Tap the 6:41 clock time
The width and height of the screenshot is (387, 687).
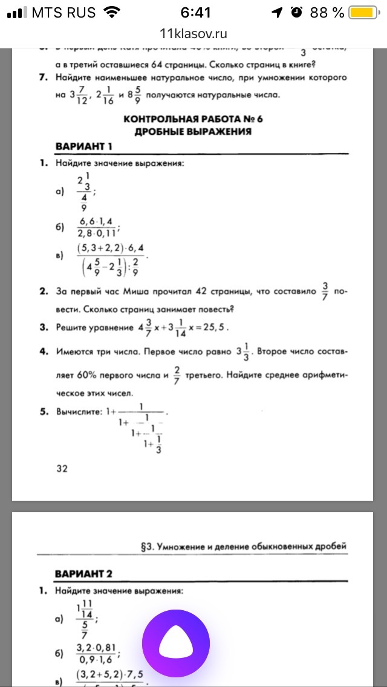(196, 13)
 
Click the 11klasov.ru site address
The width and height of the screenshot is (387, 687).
(193, 34)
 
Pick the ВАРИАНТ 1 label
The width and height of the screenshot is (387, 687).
(84, 147)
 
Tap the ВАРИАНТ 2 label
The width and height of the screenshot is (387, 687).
(84, 573)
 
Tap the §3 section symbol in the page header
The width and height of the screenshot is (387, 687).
(145, 546)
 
